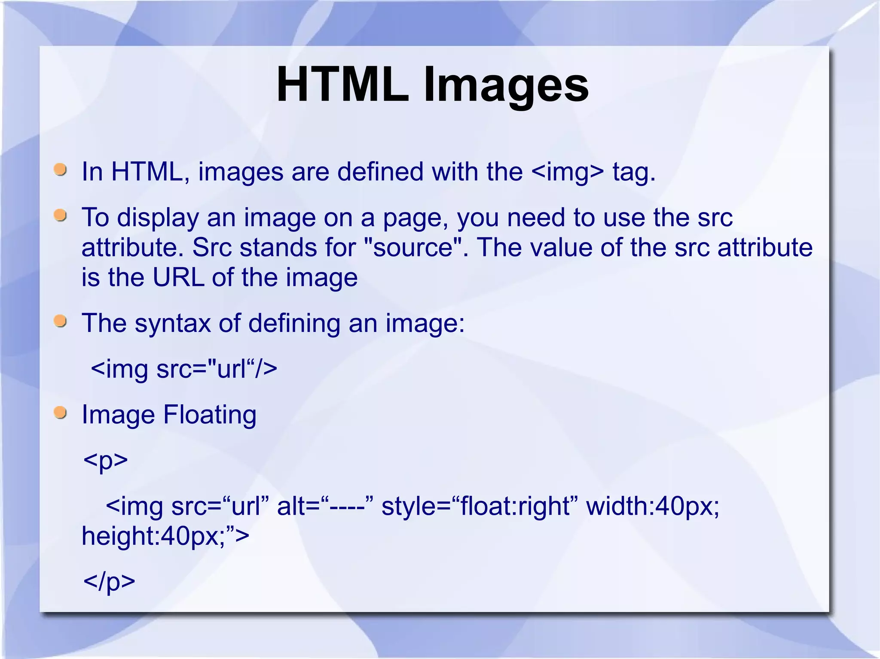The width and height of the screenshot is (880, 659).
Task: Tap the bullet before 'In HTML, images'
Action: click(61, 170)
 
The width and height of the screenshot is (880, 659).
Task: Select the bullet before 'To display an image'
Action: click(61, 216)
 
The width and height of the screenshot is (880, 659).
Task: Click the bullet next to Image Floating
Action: click(61, 413)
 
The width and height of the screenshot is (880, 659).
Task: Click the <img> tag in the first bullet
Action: click(567, 172)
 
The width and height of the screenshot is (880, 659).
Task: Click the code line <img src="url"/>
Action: click(184, 369)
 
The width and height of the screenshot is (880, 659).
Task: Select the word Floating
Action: click(210, 415)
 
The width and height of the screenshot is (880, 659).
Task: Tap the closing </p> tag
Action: click(109, 582)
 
